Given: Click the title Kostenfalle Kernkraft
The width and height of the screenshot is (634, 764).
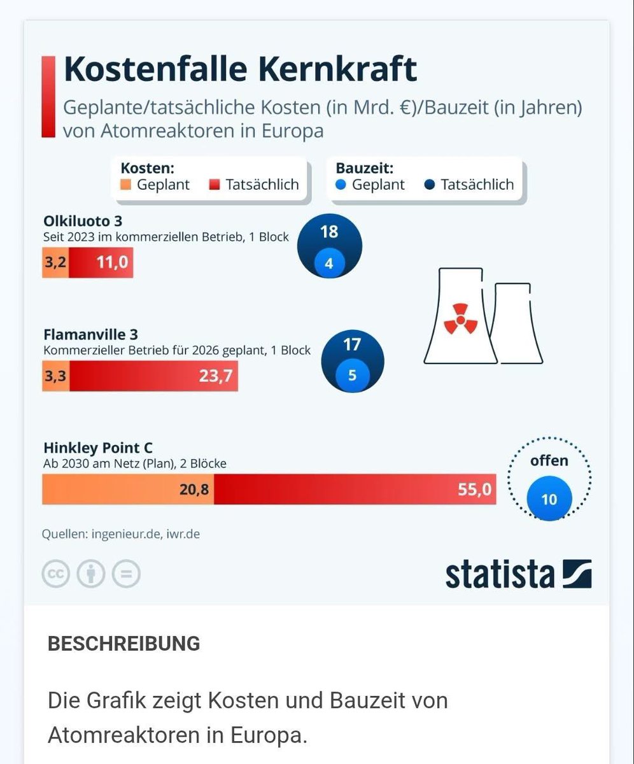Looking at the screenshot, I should click(x=241, y=69).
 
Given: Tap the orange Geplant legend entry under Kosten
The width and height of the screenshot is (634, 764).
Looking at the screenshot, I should click(x=155, y=185).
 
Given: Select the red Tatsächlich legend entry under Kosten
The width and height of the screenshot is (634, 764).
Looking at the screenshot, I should click(x=253, y=185).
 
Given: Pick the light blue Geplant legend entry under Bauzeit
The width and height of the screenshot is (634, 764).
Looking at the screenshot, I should click(x=370, y=185).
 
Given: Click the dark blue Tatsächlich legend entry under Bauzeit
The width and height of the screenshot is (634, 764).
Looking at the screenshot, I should click(x=468, y=185).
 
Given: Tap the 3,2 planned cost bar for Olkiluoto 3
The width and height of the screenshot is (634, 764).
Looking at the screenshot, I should click(x=55, y=262).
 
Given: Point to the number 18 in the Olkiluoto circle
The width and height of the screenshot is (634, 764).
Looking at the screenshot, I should click(x=329, y=231).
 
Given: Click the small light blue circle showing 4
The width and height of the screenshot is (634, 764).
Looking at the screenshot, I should click(x=329, y=262).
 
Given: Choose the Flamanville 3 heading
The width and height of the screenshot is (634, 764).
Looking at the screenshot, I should click(x=90, y=334).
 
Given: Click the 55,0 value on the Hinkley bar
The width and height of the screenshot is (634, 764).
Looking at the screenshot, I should click(x=474, y=489).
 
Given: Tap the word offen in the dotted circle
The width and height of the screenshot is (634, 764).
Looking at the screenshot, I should click(x=549, y=460).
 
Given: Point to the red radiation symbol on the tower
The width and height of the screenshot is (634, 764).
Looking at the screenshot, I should click(x=456, y=318).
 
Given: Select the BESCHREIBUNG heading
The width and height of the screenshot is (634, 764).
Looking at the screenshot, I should click(x=123, y=643).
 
